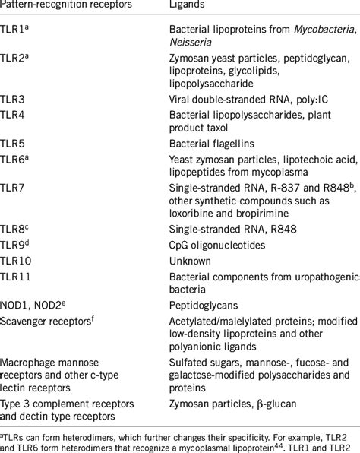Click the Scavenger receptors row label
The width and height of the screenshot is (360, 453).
click(49, 318)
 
